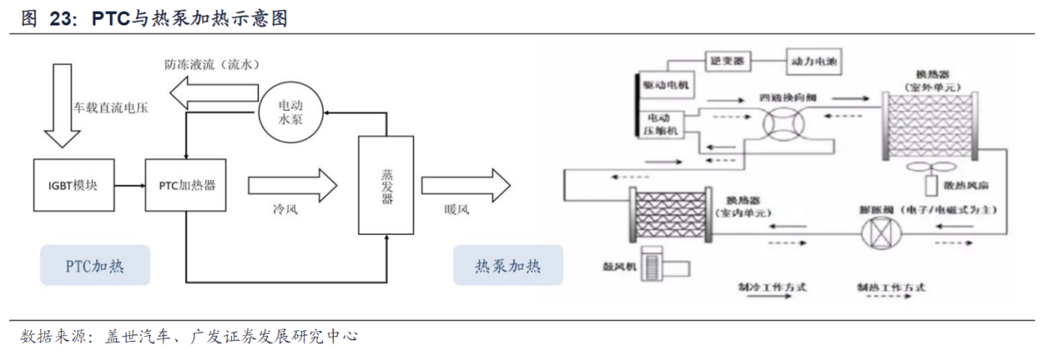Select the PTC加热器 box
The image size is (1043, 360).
pos(186,185)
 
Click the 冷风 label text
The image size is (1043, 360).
pos(284,210)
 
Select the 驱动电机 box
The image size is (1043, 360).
pos(667,84)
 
